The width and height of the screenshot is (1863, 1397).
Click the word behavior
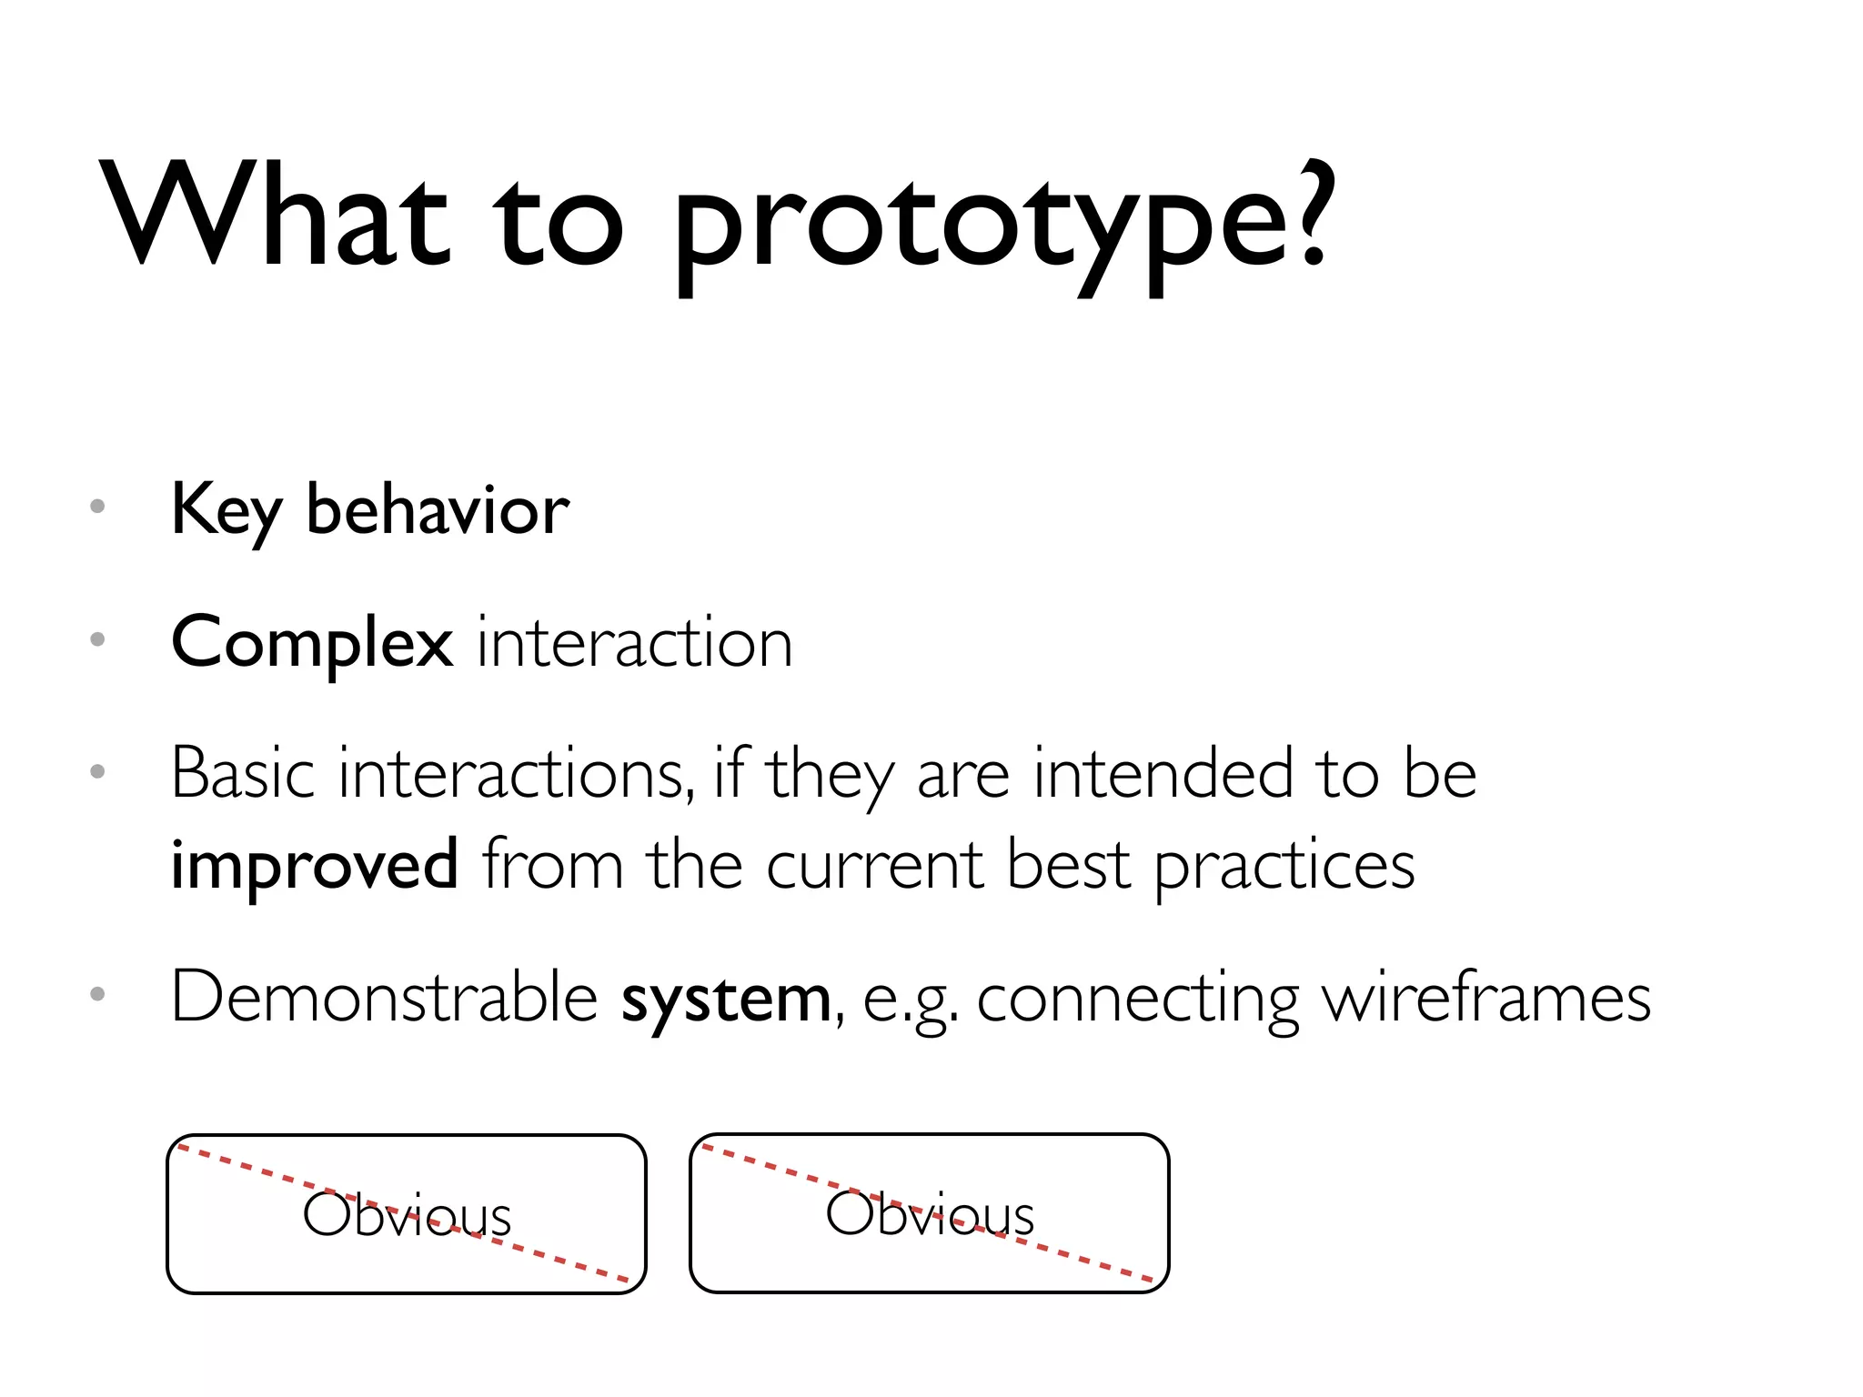(438, 509)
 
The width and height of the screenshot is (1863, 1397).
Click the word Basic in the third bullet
(244, 774)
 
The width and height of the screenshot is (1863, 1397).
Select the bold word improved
(315, 864)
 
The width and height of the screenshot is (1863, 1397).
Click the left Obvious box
(407, 1214)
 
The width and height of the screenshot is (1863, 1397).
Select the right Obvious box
(930, 1213)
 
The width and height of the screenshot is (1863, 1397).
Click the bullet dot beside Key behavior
(98, 506)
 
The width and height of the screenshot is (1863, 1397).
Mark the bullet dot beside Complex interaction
(98, 639)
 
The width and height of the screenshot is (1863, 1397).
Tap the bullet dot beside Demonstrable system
(98, 994)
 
